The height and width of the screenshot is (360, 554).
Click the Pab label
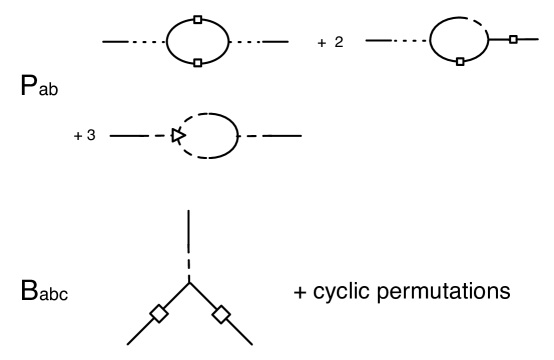coord(37,87)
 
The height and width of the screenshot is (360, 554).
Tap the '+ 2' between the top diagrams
coord(331,43)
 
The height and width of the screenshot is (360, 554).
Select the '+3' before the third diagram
coord(85,135)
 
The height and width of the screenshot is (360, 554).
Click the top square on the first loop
coord(198,19)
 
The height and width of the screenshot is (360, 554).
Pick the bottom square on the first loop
coord(198,63)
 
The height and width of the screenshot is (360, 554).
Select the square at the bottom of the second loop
coord(459,62)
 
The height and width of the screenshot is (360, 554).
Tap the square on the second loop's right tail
coord(513,40)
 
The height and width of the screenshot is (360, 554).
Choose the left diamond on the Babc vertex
coord(157,316)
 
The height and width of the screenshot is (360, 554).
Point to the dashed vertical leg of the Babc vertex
coord(187,240)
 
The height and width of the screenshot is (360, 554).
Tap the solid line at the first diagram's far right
coord(275,41)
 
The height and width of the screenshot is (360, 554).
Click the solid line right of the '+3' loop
coord(282,135)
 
